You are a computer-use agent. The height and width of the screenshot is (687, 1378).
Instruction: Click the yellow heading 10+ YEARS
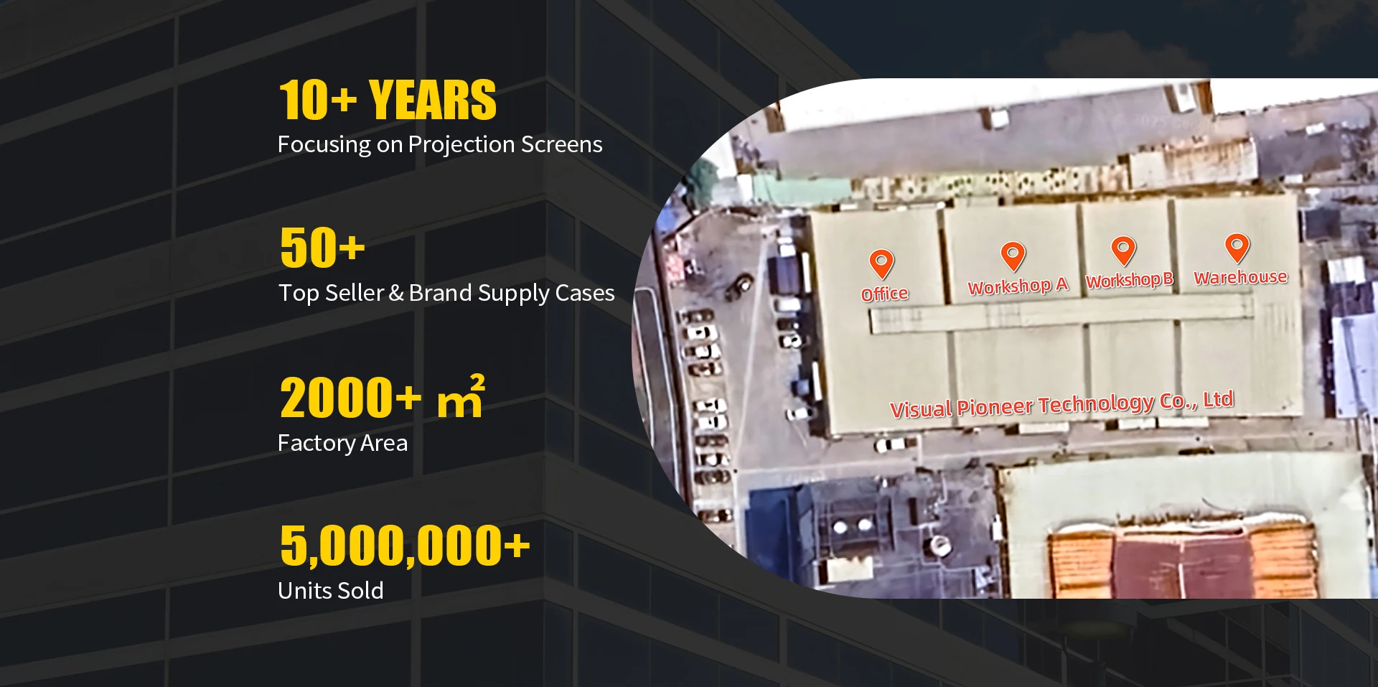[388, 100]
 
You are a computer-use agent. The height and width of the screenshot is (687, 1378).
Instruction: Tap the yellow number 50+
[322, 248]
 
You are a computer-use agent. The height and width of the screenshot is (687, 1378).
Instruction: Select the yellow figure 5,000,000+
[405, 546]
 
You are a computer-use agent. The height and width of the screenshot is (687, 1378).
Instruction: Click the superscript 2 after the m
[477, 382]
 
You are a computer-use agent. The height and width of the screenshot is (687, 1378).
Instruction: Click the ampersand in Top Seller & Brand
[395, 293]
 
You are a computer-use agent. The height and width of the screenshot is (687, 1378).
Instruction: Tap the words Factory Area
[342, 443]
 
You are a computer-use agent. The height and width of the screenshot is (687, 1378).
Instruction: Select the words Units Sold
[331, 590]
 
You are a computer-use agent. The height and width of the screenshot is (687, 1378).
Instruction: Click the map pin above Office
[881, 263]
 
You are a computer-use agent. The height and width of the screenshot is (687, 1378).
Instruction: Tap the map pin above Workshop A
[1013, 256]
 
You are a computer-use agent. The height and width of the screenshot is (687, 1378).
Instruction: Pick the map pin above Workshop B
[1123, 250]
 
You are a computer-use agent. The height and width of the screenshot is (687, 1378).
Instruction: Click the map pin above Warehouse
[1237, 248]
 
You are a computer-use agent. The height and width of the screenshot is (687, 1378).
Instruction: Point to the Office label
[885, 294]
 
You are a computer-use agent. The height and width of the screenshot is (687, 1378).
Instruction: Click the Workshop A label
[1018, 286]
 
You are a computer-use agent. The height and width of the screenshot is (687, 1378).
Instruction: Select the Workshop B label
[1129, 280]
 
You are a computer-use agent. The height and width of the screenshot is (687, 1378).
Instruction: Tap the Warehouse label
[1240, 277]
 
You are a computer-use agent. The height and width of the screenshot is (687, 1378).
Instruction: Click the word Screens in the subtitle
[561, 144]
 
